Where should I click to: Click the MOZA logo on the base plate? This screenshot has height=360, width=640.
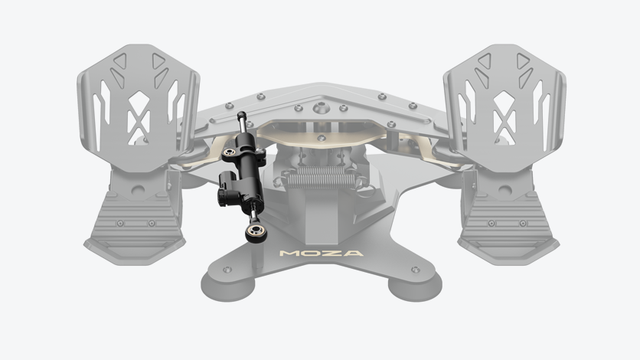tap(322, 253)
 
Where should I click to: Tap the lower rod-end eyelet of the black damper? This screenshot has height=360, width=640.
tap(253, 231)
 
